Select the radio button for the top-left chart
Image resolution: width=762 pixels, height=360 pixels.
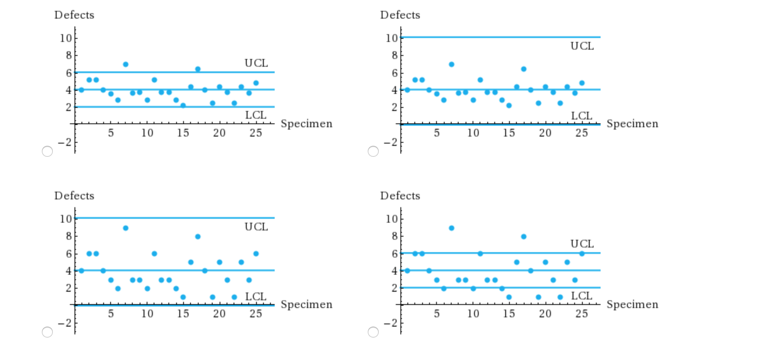point(47,151)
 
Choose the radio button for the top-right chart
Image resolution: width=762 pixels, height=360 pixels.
point(373,151)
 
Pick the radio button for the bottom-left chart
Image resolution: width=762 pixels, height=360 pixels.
point(47,332)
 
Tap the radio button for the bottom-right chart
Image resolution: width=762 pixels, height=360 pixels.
point(373,332)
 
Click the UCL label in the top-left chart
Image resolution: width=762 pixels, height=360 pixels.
point(256,63)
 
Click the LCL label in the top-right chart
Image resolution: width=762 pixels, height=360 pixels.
point(582,116)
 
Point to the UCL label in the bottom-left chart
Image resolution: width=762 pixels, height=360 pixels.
point(256,227)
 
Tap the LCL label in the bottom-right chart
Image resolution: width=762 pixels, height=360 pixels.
point(582,296)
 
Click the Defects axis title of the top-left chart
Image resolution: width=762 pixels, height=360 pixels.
point(74,15)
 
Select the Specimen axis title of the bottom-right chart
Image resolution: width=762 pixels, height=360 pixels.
point(632,305)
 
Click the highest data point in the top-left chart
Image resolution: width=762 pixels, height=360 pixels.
point(126,64)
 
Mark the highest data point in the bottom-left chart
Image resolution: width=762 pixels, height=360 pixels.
point(126,228)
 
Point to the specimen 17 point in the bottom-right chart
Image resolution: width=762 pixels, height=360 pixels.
point(524,237)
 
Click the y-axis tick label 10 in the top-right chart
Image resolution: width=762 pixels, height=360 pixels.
point(391,38)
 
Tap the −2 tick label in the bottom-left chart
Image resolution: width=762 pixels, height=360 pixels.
point(65,323)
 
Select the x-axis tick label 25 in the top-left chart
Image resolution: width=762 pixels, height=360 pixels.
point(256,133)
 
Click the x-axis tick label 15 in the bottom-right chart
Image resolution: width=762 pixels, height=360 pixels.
point(509,314)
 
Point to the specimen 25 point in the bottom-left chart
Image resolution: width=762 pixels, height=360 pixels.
point(256,254)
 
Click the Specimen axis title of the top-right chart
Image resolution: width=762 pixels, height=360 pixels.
point(632,124)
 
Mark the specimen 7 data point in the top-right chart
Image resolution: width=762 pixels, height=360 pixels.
point(452,64)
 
